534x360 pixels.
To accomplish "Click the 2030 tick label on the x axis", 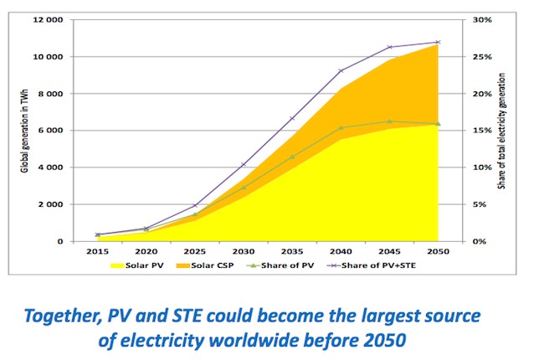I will pyautogui.click(x=244, y=250).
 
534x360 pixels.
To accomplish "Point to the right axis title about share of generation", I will pyautogui.click(x=501, y=129).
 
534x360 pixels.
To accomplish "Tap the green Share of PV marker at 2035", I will pyautogui.click(x=292, y=157).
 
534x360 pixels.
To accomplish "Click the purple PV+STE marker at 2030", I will pyautogui.click(x=244, y=164).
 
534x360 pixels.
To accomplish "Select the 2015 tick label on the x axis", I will pyautogui.click(x=98, y=250).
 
